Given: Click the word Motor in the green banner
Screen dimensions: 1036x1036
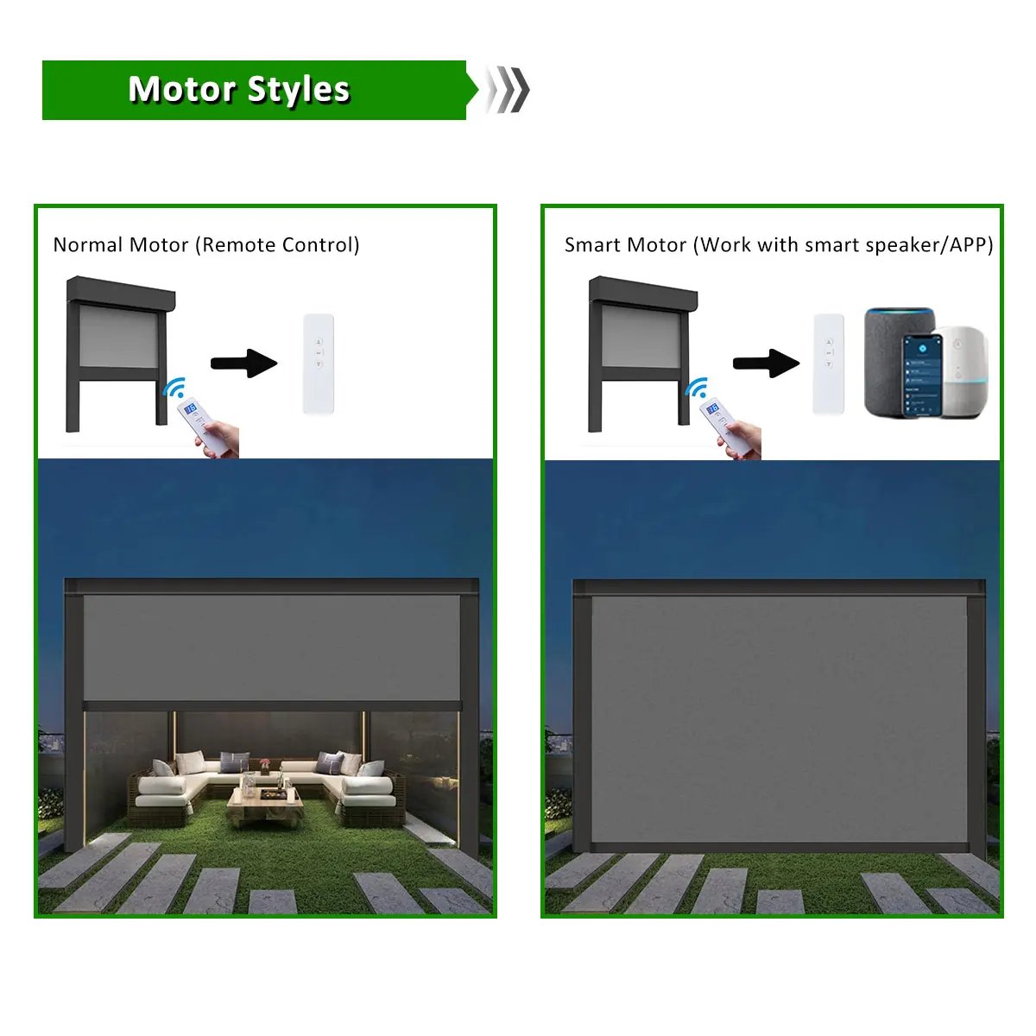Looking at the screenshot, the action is pyautogui.click(x=181, y=89).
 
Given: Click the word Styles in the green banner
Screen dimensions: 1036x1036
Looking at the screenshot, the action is pyautogui.click(x=299, y=90).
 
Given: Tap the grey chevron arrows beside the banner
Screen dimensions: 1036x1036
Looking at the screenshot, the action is pyautogui.click(x=508, y=89).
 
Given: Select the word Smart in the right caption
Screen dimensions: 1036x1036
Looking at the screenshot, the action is pyautogui.click(x=593, y=245).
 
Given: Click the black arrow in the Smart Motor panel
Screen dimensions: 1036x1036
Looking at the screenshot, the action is pyautogui.click(x=766, y=363).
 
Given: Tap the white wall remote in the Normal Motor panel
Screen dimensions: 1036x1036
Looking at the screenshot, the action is pyautogui.click(x=318, y=363).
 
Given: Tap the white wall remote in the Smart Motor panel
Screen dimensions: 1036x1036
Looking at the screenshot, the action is pyautogui.click(x=829, y=363).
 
